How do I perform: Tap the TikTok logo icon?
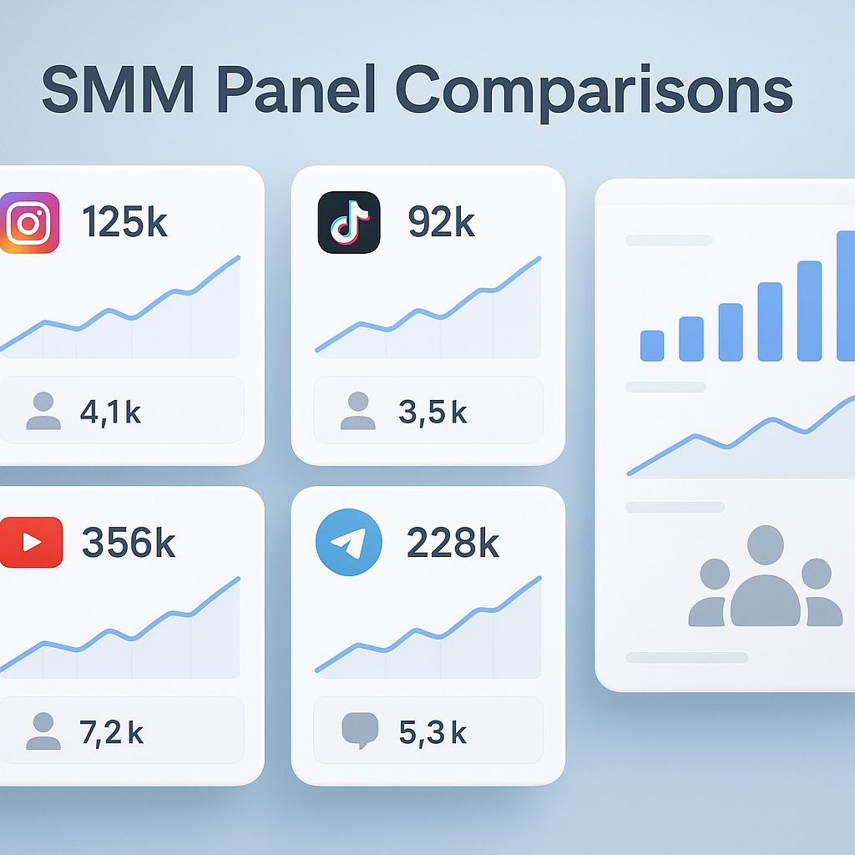[x=349, y=223]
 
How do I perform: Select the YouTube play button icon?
[x=32, y=543]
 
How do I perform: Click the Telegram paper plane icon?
[x=349, y=542]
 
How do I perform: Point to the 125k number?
[x=124, y=224]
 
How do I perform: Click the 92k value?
[x=441, y=224]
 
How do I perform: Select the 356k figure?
[x=129, y=543]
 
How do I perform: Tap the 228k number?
[x=453, y=543]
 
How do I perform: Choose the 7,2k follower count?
[x=111, y=731]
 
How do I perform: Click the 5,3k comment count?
[x=432, y=731]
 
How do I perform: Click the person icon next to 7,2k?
[x=43, y=731]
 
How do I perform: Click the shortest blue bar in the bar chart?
[x=652, y=346]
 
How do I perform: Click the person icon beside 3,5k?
[x=358, y=411]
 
